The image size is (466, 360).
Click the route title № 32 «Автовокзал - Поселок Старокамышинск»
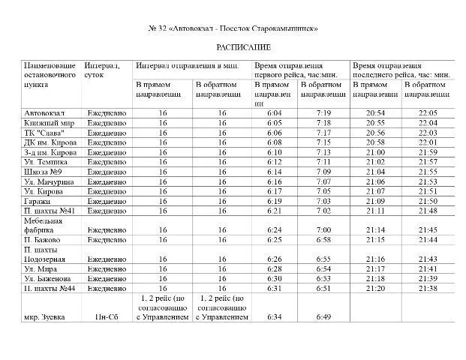(x=234, y=28)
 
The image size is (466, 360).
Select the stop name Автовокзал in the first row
(x=44, y=112)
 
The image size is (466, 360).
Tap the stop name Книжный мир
(x=48, y=122)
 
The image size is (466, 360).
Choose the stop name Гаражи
(x=38, y=201)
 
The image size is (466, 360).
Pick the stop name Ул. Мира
(x=42, y=268)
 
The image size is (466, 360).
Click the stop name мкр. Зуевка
(x=44, y=316)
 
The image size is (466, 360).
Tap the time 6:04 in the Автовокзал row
(x=273, y=112)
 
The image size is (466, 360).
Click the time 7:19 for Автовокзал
(x=323, y=112)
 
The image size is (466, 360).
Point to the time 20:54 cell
(x=376, y=112)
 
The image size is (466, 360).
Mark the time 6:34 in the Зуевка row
(x=273, y=316)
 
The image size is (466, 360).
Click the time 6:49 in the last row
(x=323, y=316)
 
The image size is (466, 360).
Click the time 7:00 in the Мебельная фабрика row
(x=323, y=229)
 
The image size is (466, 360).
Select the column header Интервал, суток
(x=102, y=70)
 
